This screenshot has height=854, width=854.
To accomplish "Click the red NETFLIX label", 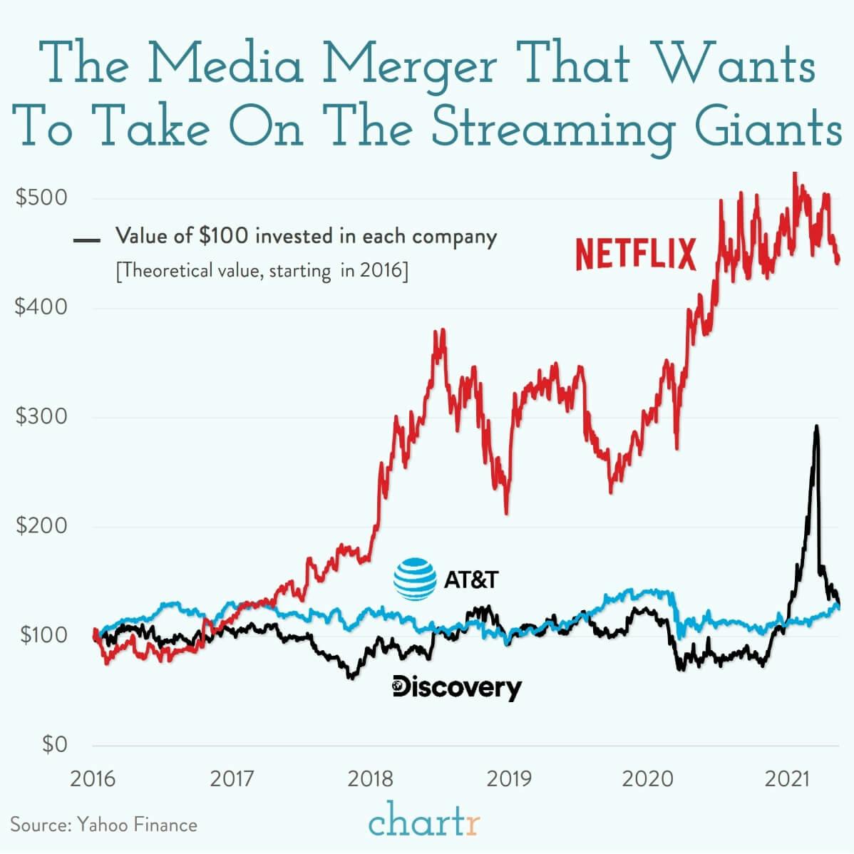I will tap(635, 255).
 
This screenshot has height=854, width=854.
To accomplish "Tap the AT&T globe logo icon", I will tap(415, 578).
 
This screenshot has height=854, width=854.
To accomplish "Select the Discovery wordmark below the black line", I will tap(457, 688).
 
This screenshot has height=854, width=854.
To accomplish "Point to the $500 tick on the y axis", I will tap(41, 197).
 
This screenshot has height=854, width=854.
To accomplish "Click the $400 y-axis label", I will tap(41, 307).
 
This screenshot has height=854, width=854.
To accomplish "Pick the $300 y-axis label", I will tap(41, 416).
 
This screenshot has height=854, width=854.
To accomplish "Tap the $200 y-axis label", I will tap(41, 526).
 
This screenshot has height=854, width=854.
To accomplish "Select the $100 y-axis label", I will tap(41, 635).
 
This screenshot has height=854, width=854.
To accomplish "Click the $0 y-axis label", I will tap(54, 745).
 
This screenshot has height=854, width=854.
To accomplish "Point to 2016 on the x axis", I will tap(93, 778).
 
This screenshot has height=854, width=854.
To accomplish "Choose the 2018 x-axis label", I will tap(370, 778).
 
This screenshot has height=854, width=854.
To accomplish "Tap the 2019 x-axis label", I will tap(509, 778).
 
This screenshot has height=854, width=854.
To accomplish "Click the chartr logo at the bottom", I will tap(425, 823).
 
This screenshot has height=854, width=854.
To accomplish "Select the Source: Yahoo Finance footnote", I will tap(103, 825).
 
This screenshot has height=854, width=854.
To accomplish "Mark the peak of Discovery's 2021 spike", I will tap(816, 427).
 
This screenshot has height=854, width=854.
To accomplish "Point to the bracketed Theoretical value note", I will tap(262, 272).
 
